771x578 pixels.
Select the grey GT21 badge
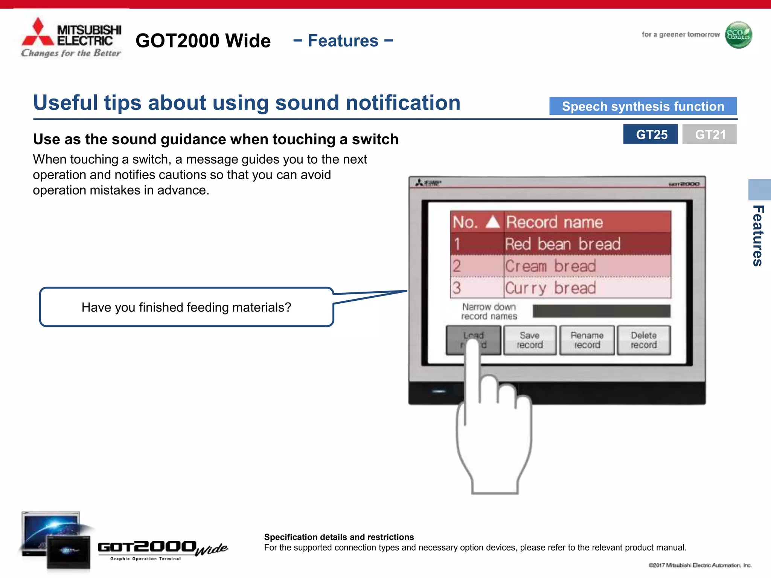tap(709, 134)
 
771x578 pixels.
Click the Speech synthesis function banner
tap(643, 106)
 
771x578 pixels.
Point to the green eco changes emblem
tap(738, 35)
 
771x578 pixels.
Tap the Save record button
tap(529, 340)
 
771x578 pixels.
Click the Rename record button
tap(587, 340)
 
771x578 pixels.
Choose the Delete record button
tap(643, 340)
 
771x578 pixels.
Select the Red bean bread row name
tap(562, 244)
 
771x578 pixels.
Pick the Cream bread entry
tap(550, 266)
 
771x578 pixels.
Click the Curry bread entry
tap(550, 288)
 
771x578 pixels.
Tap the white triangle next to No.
tap(492, 222)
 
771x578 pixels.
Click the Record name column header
tap(555, 222)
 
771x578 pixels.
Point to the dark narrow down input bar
tap(601, 311)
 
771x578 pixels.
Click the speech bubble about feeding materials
tap(186, 307)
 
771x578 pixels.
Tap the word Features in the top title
tap(343, 41)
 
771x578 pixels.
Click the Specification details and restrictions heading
tap(339, 537)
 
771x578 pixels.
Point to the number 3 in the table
tap(457, 288)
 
